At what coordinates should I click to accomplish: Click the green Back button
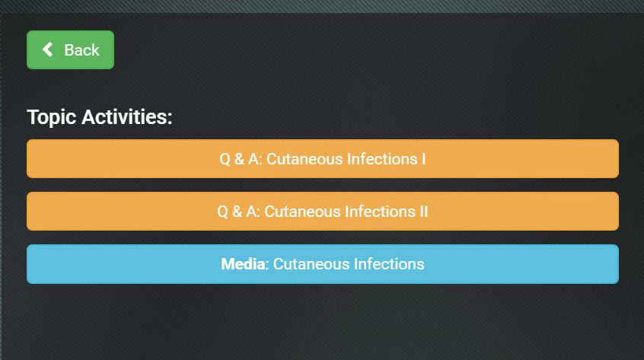click(x=70, y=49)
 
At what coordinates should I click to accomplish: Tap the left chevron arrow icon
click(x=48, y=49)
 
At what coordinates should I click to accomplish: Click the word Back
click(x=81, y=50)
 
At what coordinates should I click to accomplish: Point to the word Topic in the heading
click(x=51, y=117)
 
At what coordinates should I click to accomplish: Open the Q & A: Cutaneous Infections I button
click(x=323, y=158)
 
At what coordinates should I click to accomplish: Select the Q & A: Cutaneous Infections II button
click(x=323, y=211)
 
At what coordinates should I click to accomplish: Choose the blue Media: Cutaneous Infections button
click(x=323, y=264)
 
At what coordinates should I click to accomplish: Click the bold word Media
click(x=243, y=264)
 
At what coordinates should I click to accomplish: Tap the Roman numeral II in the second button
click(x=423, y=212)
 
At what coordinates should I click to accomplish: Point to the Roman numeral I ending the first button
click(x=423, y=159)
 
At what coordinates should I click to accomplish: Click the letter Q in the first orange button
click(x=225, y=159)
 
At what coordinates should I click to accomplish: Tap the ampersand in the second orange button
click(x=237, y=212)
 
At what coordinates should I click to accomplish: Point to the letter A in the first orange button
click(x=253, y=159)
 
